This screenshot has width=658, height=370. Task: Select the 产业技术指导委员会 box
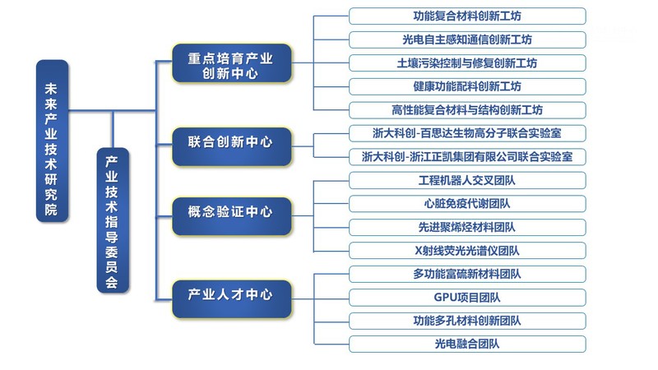[x=112, y=220]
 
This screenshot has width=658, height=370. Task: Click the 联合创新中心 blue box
[x=231, y=141]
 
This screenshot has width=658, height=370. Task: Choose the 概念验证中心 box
[x=231, y=211]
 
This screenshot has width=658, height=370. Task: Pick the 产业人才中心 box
[x=231, y=294]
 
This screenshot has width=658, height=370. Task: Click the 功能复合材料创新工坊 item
[x=467, y=16]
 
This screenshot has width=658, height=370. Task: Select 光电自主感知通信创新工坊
[x=467, y=39]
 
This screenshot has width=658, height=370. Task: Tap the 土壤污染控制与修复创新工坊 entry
[x=467, y=62]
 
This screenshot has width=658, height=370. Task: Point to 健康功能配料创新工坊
[x=467, y=86]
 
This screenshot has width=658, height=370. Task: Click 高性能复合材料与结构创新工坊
[x=467, y=109]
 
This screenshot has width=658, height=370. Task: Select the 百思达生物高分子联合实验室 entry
[x=467, y=132]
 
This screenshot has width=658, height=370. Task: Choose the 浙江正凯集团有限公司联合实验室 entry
[x=467, y=156]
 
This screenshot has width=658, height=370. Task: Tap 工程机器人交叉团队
[x=467, y=180]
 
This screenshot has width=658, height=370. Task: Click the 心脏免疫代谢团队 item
[x=467, y=203]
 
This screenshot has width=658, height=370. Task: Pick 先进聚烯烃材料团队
[x=467, y=227]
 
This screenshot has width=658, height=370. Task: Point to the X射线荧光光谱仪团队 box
[x=467, y=250]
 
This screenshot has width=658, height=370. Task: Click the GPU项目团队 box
[x=467, y=297]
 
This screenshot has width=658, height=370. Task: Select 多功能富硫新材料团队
[x=467, y=274]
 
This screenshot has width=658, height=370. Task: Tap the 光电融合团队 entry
[x=467, y=344]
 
